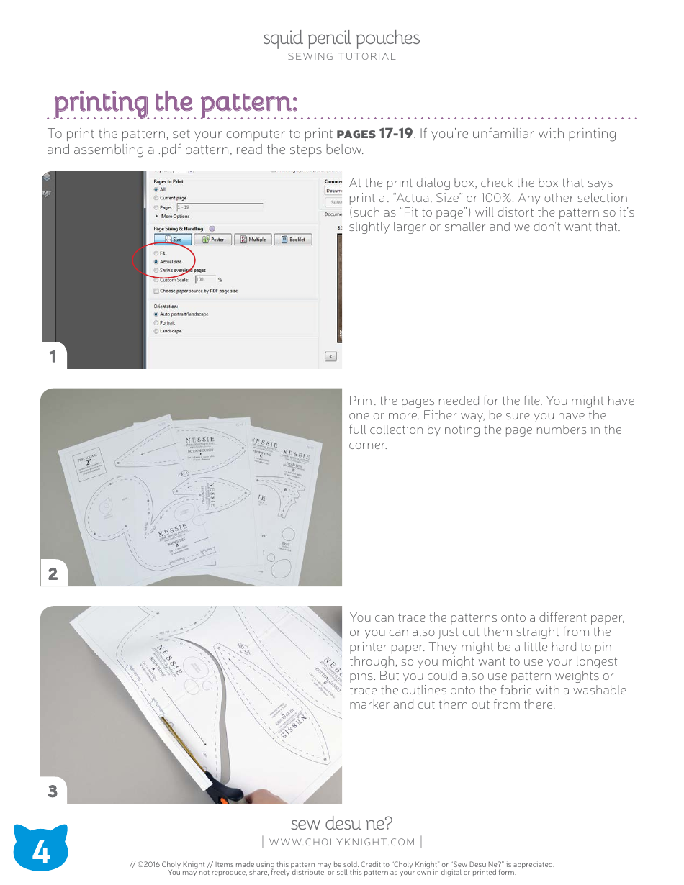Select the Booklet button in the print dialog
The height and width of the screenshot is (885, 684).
tap(292, 240)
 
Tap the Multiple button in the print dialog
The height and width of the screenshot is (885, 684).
tap(253, 240)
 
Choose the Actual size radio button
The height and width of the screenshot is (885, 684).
tap(156, 262)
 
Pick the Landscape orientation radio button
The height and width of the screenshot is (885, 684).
tap(156, 331)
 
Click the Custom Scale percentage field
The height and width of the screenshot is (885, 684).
tap(204, 279)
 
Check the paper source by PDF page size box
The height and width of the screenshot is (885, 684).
tap(156, 291)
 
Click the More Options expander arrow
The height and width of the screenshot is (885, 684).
tap(157, 216)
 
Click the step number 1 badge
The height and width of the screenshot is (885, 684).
tap(53, 356)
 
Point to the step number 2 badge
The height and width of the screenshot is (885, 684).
tap(53, 573)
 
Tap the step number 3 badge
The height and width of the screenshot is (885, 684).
tap(53, 791)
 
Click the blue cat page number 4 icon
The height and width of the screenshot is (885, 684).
tap(41, 852)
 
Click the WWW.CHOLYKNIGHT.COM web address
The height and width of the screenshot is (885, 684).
tap(342, 842)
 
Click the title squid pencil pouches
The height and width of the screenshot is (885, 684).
tap(341, 38)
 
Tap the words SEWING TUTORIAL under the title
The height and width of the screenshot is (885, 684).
tap(341, 56)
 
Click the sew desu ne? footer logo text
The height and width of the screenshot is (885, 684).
tap(341, 823)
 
